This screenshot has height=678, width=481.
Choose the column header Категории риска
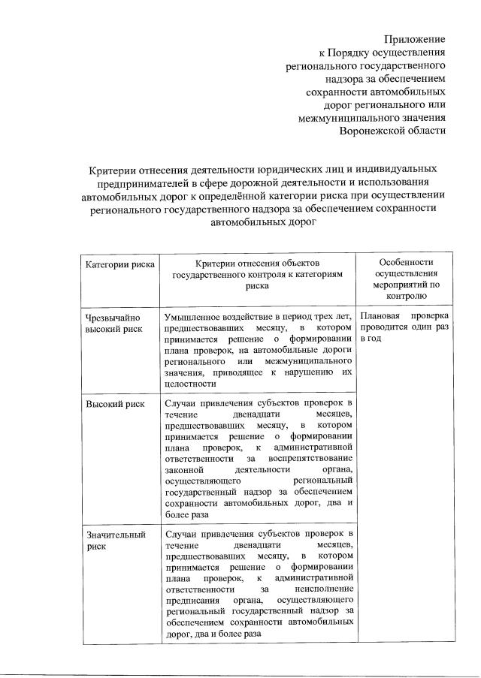coord(120,264)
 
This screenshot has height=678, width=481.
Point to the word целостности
coord(190,384)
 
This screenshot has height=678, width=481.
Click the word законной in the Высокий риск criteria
coord(183,469)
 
